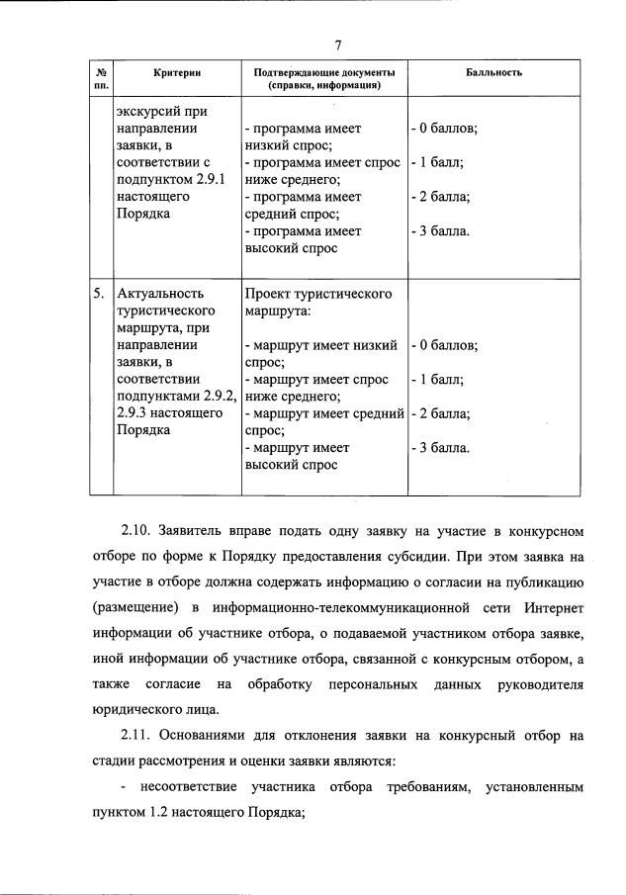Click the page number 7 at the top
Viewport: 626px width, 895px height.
[x=338, y=45]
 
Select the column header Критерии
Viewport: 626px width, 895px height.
[x=177, y=73]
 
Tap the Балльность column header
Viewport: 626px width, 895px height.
[x=493, y=73]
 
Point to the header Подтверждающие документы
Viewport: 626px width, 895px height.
[x=323, y=73]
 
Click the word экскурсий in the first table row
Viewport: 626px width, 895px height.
[x=149, y=111]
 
